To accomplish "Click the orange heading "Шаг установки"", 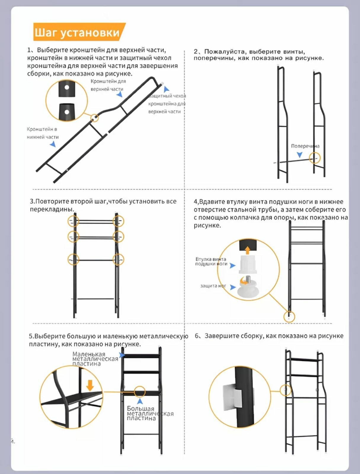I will click(77, 32).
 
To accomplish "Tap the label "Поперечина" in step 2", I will click(305, 146).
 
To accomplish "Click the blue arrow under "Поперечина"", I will click(300, 155).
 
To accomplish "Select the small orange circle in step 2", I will click(315, 158).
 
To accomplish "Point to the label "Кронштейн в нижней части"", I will click(43, 133).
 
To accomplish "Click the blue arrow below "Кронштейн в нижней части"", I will click(53, 144).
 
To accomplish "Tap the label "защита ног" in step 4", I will click(213, 286).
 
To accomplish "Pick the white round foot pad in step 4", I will click(248, 290).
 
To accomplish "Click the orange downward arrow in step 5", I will click(90, 385).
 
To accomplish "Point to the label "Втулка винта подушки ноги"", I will click(211, 261).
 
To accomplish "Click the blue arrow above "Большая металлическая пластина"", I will click(140, 401).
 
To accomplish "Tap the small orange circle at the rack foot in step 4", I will click(289, 317).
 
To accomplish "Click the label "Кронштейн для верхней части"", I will click(108, 85).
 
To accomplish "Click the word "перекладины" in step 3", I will click(52, 209).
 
